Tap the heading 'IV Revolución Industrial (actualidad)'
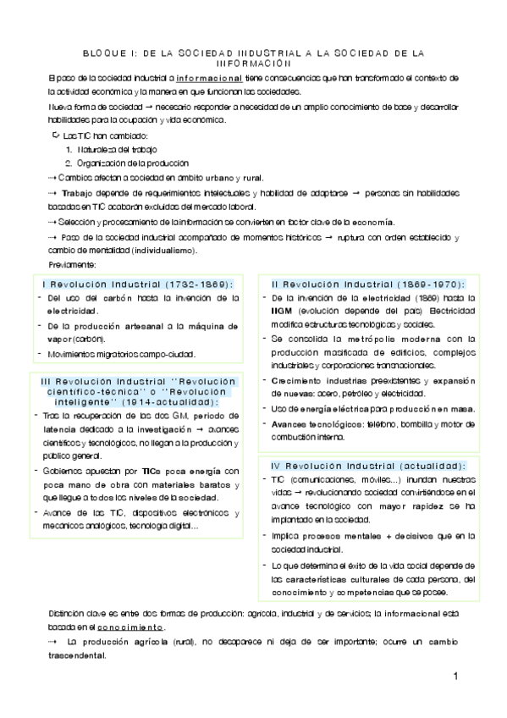pyautogui.click(x=367, y=466)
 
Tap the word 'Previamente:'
pyautogui.click(x=73, y=265)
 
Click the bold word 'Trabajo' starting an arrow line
pyautogui.click(x=78, y=193)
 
